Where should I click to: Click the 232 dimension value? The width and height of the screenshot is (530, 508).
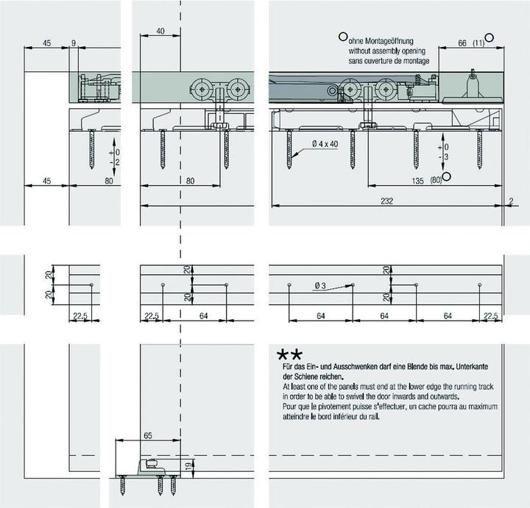386,201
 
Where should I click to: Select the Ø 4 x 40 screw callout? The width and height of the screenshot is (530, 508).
325,144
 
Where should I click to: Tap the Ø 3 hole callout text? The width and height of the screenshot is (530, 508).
319,286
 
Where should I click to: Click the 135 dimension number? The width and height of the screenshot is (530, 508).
417,181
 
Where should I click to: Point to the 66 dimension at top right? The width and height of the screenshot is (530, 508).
462,43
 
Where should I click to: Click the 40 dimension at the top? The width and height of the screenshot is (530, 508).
160,31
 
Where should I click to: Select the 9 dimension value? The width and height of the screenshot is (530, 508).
74,43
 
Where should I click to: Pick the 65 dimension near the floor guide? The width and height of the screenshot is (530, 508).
148,435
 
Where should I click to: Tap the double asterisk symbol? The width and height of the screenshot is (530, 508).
289,355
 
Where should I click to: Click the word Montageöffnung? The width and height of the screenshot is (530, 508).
389,41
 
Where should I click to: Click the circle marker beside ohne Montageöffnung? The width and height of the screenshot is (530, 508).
343,37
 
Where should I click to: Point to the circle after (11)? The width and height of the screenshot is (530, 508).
489,37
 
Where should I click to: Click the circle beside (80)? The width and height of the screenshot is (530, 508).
447,176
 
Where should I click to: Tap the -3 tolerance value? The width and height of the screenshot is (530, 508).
443,157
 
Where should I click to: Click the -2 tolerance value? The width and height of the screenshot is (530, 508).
115,162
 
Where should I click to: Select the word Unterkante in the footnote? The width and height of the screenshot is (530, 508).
472,367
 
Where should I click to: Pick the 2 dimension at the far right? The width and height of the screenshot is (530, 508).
511,201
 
